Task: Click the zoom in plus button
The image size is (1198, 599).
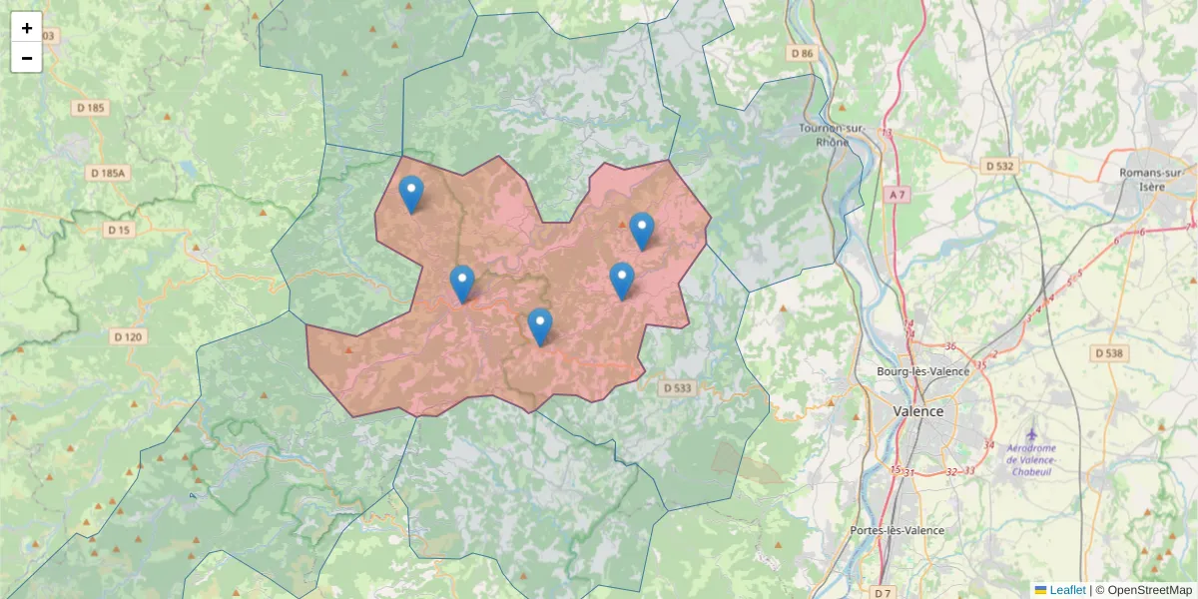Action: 27,28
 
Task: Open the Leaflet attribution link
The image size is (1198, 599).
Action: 1067,590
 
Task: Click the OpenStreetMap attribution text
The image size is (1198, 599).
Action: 1149,590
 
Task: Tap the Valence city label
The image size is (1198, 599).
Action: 917,411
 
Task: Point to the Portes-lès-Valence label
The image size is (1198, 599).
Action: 896,530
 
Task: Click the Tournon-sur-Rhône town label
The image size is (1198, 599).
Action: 832,135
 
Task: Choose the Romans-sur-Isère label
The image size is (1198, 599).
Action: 1156,179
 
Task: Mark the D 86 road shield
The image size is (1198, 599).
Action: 801,52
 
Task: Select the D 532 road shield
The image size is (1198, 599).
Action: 999,166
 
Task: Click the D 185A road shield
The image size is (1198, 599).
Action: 107,173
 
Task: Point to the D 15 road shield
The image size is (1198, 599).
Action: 119,230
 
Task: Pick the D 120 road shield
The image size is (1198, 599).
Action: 128,336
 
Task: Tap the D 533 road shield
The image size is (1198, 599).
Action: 676,387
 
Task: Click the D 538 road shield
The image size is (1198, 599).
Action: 1109,352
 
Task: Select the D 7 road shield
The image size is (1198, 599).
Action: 882,593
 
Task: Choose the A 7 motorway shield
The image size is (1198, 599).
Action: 899,194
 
